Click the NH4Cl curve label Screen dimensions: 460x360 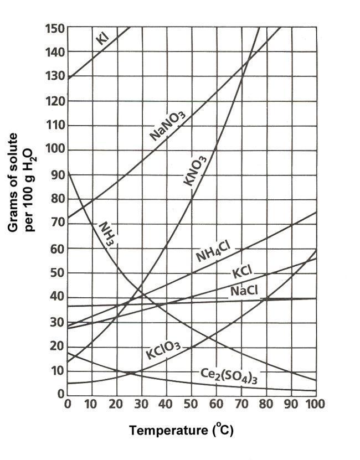pyautogui.click(x=212, y=252)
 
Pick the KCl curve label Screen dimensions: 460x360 pyautogui.click(x=242, y=273)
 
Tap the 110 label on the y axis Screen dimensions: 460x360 pyautogui.click(x=54, y=126)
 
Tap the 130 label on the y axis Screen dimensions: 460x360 pyautogui.click(x=54, y=77)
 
